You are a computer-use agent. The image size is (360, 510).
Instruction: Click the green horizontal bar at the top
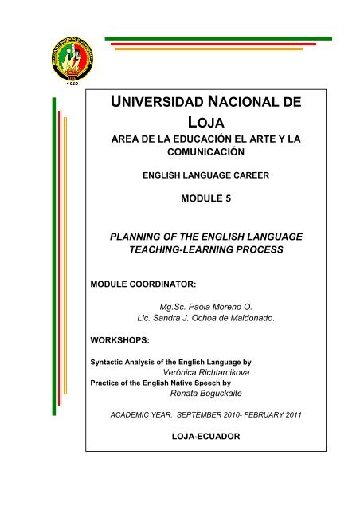click(x=218, y=37)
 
